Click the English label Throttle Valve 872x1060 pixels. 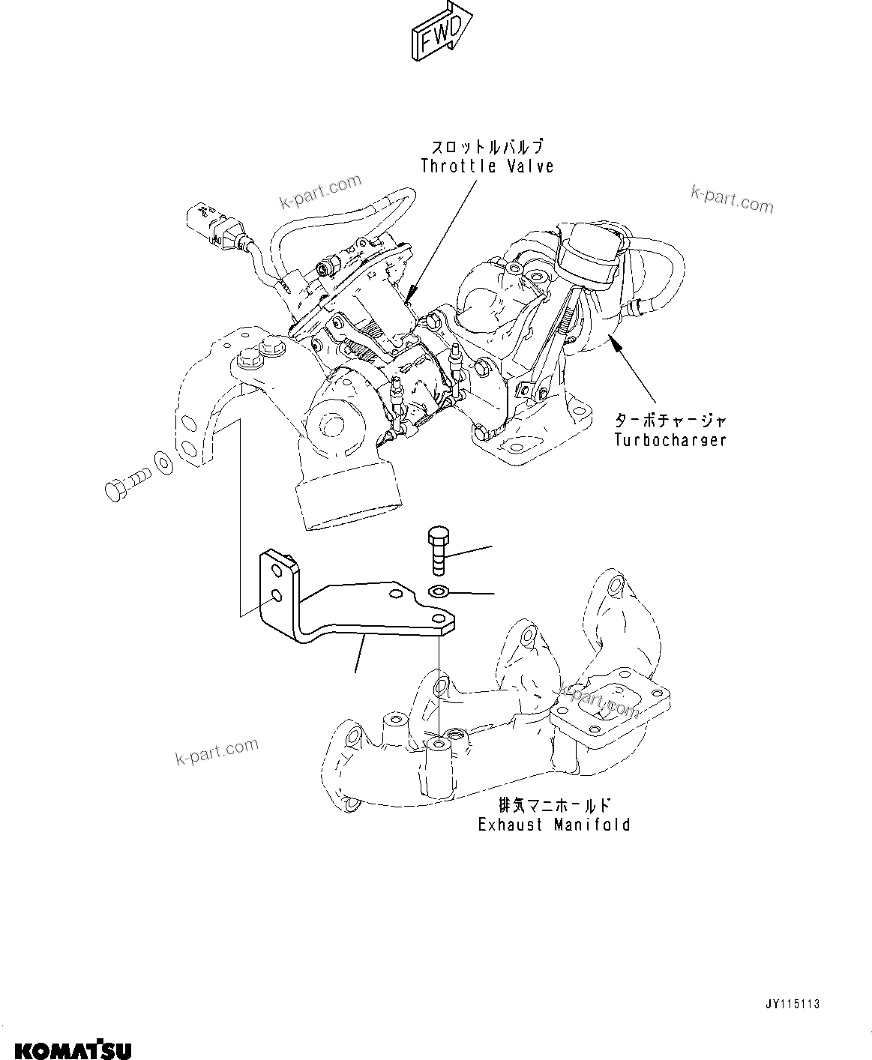coord(487,166)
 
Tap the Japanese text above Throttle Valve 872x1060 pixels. coord(487,147)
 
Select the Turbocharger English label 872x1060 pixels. coord(670,440)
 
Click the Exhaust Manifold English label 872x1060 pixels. coord(554,825)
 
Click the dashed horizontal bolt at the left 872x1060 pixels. coord(127,480)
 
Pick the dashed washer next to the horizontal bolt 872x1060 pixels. coord(162,463)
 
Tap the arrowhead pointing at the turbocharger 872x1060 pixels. coord(615,343)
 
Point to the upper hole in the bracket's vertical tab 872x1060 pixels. coord(277,573)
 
